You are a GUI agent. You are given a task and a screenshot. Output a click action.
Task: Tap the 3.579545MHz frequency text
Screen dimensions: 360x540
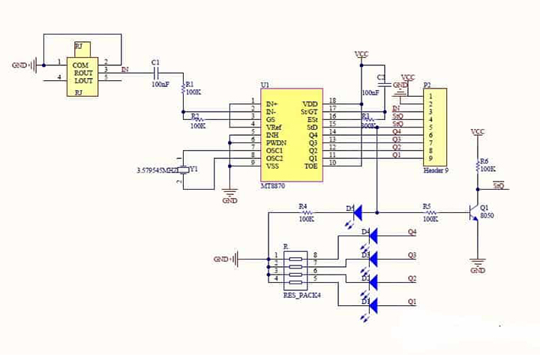(x=161, y=170)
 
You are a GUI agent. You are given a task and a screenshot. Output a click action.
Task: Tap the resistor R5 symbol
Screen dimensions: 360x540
(x=430, y=212)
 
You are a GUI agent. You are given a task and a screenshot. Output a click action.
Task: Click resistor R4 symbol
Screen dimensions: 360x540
(x=305, y=212)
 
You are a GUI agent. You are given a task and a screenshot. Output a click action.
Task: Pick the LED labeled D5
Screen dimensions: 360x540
(x=358, y=212)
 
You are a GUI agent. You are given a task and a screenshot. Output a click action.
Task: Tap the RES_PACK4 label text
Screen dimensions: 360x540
(x=300, y=295)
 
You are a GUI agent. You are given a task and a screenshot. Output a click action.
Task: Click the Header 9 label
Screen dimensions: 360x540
(x=435, y=170)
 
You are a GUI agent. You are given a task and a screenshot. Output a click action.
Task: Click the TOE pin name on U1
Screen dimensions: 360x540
(x=310, y=165)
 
